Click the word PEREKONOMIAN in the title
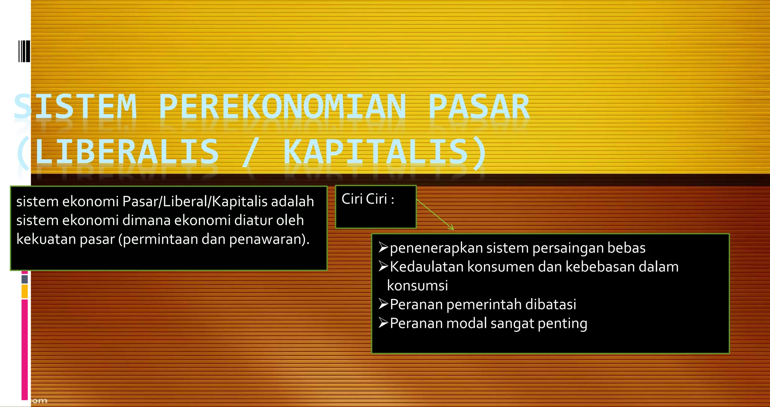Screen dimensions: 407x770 coord(282,107)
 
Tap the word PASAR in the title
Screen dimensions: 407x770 coord(479,107)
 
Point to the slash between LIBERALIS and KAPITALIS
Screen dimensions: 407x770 coord(250,152)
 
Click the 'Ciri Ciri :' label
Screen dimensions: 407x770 coord(368,199)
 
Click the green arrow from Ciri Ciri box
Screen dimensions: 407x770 coord(435,214)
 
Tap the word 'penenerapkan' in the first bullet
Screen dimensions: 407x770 coord(436,248)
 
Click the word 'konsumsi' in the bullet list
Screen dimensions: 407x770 coord(417,286)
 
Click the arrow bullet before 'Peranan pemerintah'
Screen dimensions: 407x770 coord(383,304)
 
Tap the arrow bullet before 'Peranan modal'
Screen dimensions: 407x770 coord(383,323)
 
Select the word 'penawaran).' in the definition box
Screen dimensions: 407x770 coord(269,239)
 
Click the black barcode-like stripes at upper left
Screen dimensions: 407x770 coord(24,51)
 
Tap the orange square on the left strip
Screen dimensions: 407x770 coord(25,291)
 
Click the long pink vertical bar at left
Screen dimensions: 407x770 coord(25,349)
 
